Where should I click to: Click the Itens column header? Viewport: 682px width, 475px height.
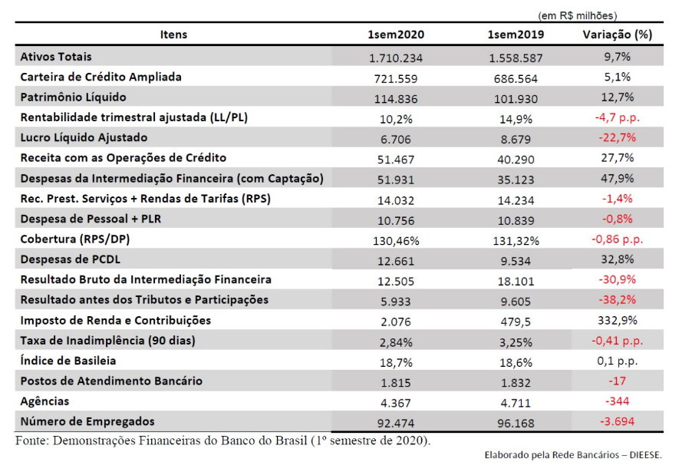173,35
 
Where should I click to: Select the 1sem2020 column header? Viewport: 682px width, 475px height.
396,35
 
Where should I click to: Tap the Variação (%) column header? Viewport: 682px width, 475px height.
618,35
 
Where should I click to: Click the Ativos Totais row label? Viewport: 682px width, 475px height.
56,57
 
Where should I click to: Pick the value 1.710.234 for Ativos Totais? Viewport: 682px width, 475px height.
396,58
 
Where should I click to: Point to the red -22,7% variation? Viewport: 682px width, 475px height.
618,137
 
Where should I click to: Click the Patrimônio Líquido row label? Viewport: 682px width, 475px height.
73,97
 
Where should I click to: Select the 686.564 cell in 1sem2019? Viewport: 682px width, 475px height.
516,79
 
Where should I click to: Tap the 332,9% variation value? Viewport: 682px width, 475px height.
618,321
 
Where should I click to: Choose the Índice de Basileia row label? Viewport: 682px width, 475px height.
68,361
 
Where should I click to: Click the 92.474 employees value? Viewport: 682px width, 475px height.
396,423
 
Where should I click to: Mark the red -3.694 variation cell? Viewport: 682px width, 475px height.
618,421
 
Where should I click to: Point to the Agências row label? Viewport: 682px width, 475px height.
44,401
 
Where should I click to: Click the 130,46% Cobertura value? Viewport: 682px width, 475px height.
396,241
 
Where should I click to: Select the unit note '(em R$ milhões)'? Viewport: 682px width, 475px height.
578,15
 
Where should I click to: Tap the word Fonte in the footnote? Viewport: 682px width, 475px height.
31,440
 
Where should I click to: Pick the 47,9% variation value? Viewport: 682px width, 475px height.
618,178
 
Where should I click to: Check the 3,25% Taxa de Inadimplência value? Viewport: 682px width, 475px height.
516,342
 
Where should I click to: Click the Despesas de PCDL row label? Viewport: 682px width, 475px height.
71,259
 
